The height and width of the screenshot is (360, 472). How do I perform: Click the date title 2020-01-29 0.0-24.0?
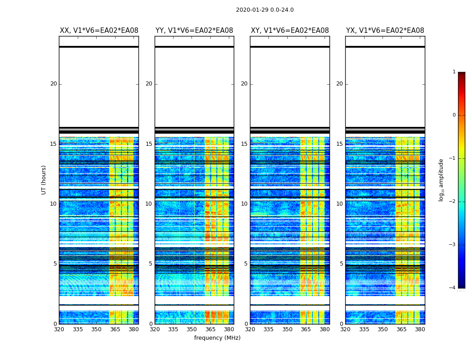pyautogui.click(x=265, y=10)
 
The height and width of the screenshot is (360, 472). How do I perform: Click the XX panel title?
pyautogui.click(x=99, y=31)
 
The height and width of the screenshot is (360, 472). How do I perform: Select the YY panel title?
pyautogui.click(x=194, y=31)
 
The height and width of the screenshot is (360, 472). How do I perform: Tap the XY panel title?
pyautogui.click(x=290, y=31)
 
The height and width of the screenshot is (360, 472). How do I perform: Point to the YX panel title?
pyautogui.click(x=385, y=31)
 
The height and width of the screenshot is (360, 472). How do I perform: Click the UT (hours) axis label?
pyautogui.click(x=44, y=180)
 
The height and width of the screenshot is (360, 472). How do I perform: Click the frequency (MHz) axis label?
pyautogui.click(x=217, y=338)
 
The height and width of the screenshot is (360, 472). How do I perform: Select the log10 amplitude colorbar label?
pyautogui.click(x=441, y=180)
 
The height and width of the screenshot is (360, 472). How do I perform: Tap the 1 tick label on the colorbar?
pyautogui.click(x=454, y=72)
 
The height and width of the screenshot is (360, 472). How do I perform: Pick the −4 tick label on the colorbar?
pyautogui.click(x=453, y=288)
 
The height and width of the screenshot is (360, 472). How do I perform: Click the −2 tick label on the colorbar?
pyautogui.click(x=453, y=202)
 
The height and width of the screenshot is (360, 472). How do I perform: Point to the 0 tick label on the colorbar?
pyautogui.click(x=454, y=115)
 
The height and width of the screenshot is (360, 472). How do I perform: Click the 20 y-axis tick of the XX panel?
pyautogui.click(x=53, y=84)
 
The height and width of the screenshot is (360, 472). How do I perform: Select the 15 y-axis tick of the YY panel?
pyautogui.click(x=149, y=144)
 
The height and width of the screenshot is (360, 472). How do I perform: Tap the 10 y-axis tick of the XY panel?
pyautogui.click(x=244, y=204)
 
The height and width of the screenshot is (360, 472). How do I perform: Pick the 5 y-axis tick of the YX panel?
pyautogui.click(x=341, y=264)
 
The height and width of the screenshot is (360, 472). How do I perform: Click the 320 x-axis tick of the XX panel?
pyautogui.click(x=59, y=329)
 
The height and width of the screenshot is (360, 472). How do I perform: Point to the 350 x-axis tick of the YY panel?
pyautogui.click(x=192, y=329)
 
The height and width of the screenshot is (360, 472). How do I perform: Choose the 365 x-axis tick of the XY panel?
pyautogui.click(x=306, y=329)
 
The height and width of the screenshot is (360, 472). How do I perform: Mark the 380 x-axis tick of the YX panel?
pyautogui.click(x=420, y=329)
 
